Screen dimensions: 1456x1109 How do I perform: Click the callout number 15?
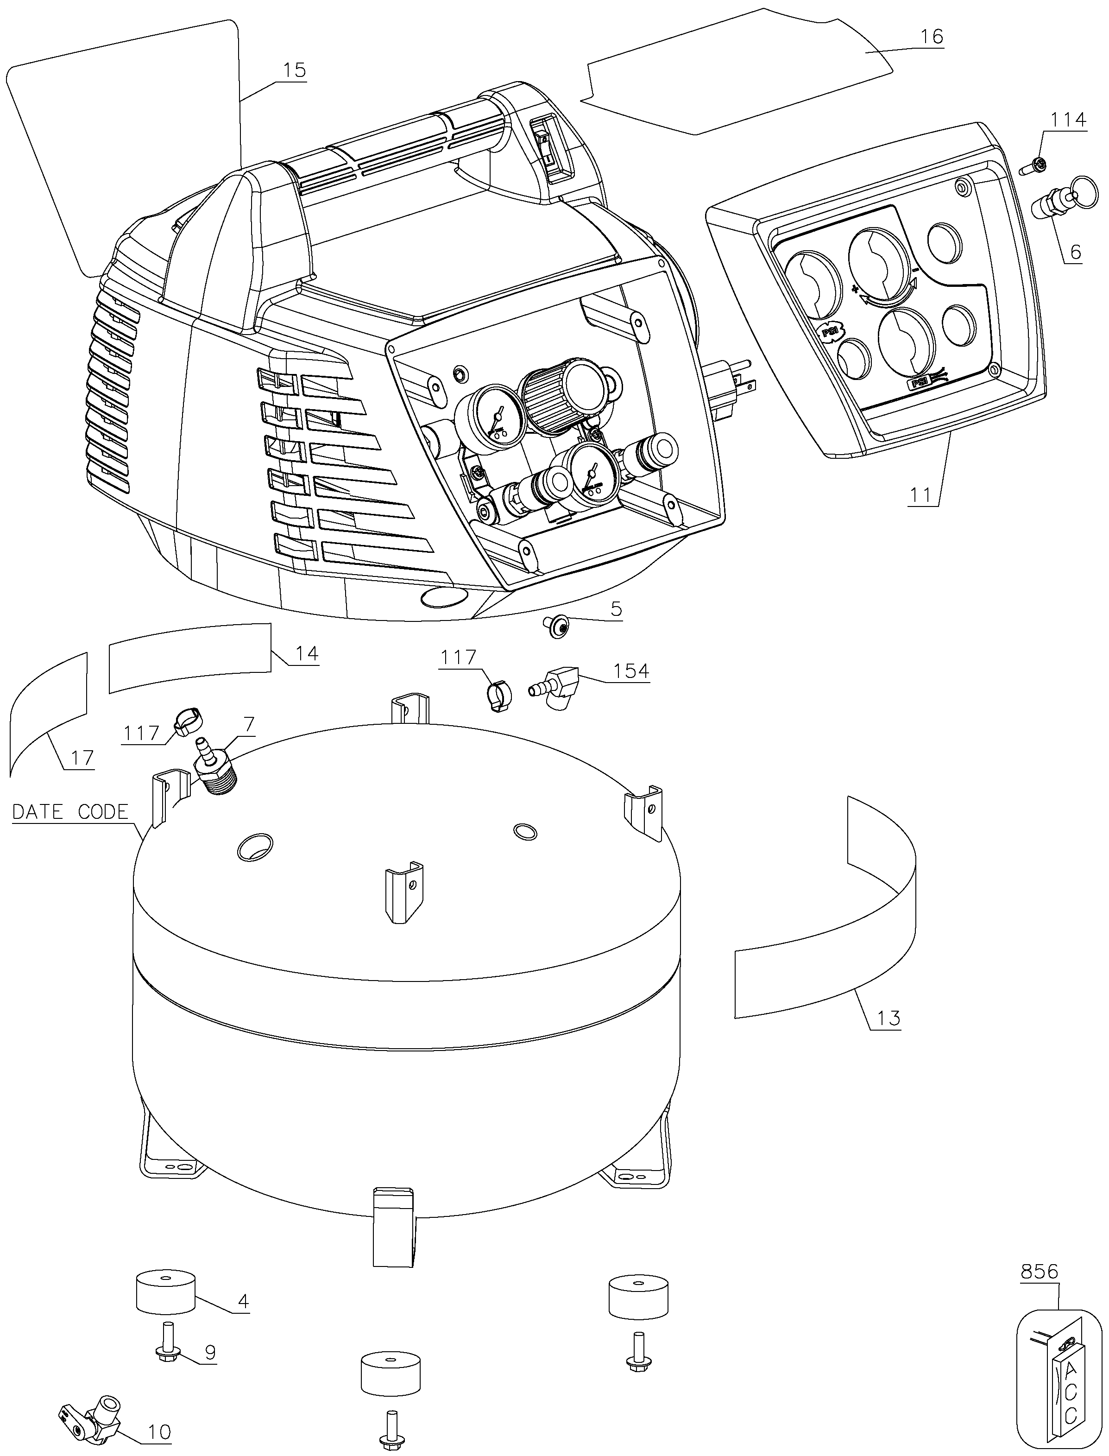click(x=295, y=70)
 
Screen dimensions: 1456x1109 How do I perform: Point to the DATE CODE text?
click(x=70, y=811)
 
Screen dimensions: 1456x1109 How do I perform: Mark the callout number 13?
click(x=888, y=1018)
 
